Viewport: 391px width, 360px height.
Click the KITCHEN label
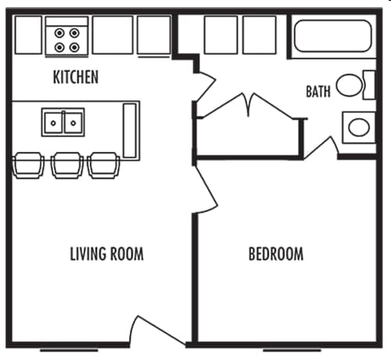pos(75,77)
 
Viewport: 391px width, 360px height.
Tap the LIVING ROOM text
pos(106,254)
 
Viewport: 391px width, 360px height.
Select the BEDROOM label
pos(275,254)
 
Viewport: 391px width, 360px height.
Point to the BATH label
pos(317,92)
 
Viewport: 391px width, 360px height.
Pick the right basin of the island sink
pos(73,122)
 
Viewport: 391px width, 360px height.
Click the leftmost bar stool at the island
pos(29,164)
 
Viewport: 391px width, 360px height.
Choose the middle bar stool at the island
pos(66,164)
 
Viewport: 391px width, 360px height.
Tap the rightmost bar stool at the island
pos(103,164)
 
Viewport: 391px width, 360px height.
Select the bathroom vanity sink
pos(359,127)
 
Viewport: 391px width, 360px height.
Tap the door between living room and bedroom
pos(206,188)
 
